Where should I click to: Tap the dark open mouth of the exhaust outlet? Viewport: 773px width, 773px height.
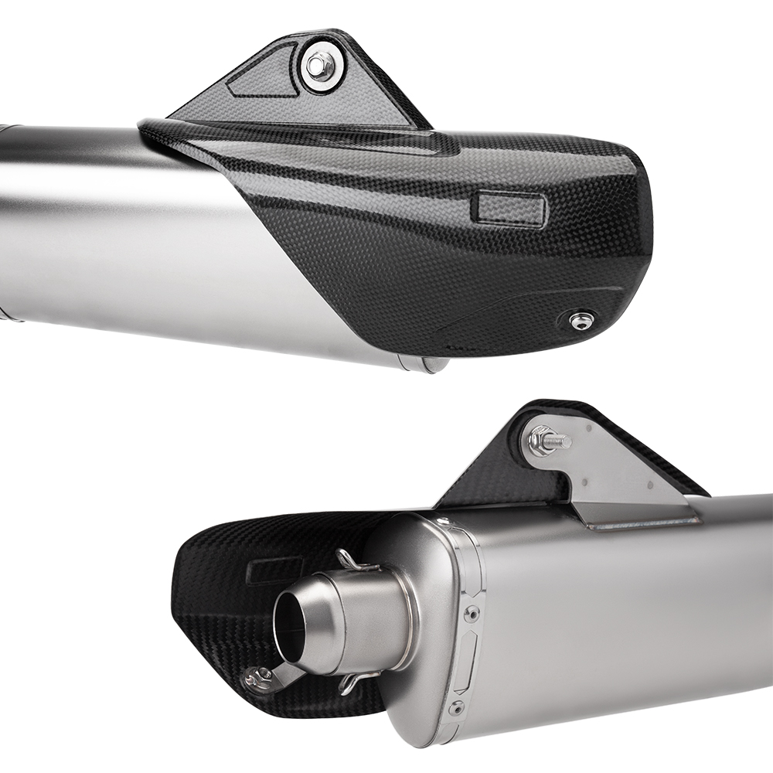pyautogui.click(x=290, y=621)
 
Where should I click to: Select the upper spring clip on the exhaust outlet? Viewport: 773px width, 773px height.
pyautogui.click(x=352, y=561)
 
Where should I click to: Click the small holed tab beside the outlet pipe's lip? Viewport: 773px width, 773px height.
pyautogui.click(x=260, y=680)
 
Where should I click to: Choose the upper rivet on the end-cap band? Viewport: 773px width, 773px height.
pyautogui.click(x=471, y=615)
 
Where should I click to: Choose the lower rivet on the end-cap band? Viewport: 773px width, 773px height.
pyautogui.click(x=457, y=707)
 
